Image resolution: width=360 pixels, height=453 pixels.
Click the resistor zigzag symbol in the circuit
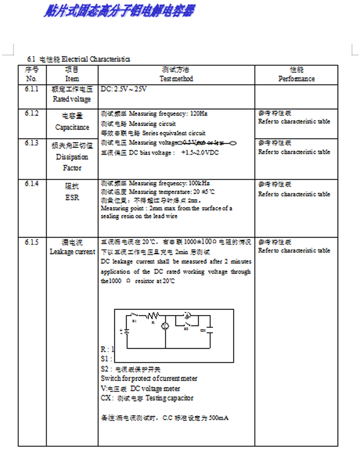[x=153, y=315]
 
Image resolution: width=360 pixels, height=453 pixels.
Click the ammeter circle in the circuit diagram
[x=187, y=315]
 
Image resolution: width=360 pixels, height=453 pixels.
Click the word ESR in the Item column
[x=72, y=198]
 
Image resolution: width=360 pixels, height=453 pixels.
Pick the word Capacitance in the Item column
[x=72, y=127]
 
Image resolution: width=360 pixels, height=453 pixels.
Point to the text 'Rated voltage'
[x=72, y=99]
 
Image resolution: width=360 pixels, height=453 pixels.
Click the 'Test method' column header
[x=176, y=79]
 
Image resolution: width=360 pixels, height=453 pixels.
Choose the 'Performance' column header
[x=296, y=79]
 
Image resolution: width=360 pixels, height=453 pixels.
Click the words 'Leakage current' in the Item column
[x=72, y=252]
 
